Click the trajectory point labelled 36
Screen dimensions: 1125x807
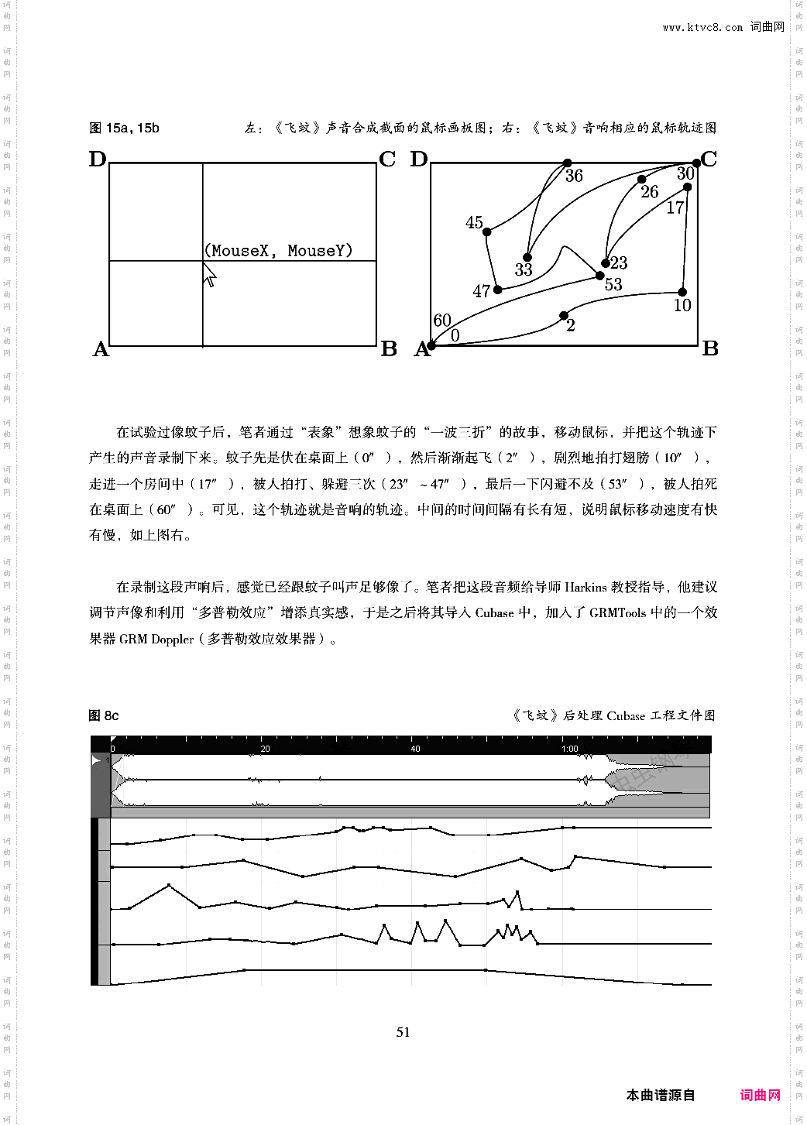[x=567, y=163]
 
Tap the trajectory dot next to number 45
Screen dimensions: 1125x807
[x=487, y=232]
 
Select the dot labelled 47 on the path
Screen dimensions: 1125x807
[x=498, y=290]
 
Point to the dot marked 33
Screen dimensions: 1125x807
[x=527, y=257]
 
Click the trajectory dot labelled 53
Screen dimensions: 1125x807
[x=600, y=276]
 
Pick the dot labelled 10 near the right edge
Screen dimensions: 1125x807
[x=682, y=292]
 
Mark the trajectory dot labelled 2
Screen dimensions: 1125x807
[x=564, y=315]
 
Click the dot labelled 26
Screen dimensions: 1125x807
[x=642, y=180]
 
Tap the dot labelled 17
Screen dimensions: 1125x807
[x=687, y=187]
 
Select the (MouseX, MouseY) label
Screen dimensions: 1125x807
[x=278, y=250]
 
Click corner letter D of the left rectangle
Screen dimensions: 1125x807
[x=98, y=159]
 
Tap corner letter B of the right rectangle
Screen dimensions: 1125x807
[x=710, y=349]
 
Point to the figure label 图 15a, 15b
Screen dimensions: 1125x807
[x=124, y=129]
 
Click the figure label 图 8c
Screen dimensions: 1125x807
[x=104, y=715]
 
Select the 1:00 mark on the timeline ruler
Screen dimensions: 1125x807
[x=570, y=749]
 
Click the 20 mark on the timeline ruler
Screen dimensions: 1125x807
[x=265, y=749]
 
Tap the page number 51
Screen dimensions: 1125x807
[x=403, y=1031]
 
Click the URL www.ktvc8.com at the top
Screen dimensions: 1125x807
[x=702, y=28]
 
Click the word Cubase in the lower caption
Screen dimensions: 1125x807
[x=626, y=715]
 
